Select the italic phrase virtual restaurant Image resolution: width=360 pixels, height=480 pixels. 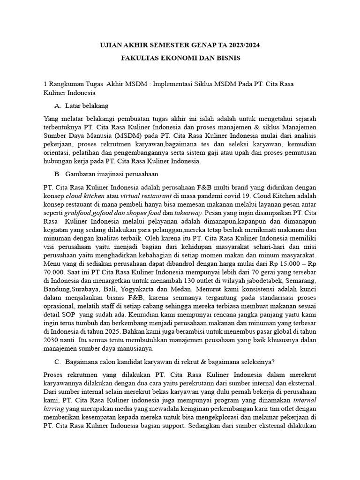tap(141, 195)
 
